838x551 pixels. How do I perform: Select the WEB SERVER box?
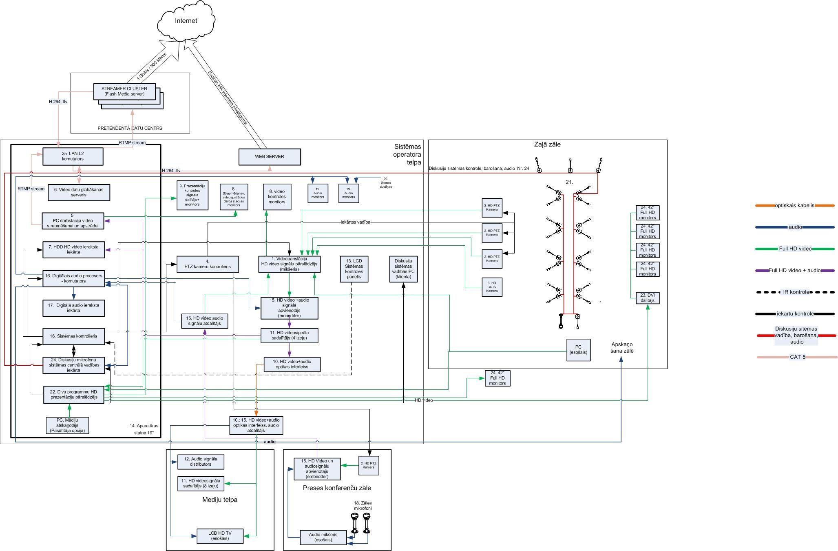point(269,157)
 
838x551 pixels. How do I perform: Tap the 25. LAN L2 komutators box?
point(73,156)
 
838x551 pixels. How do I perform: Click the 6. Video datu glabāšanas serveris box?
point(79,192)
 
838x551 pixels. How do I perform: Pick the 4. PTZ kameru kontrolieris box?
point(207,264)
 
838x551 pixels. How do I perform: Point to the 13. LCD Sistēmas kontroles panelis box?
point(354,269)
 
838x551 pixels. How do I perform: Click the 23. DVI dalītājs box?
point(647,298)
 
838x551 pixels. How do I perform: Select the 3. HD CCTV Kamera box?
point(492,287)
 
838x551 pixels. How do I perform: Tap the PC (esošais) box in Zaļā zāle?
point(578,350)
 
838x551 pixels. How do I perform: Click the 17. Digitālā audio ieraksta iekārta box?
point(73,308)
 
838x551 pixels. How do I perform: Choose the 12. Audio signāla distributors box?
point(201,462)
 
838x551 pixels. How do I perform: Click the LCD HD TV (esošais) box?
point(220,536)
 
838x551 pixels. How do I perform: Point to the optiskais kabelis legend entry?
point(794,206)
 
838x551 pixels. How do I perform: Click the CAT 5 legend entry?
point(797,357)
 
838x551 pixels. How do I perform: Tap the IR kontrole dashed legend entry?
point(795,292)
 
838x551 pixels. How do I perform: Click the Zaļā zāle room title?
point(547,144)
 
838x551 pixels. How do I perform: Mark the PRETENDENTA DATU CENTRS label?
point(130,128)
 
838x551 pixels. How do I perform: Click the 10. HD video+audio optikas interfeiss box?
point(292,364)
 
